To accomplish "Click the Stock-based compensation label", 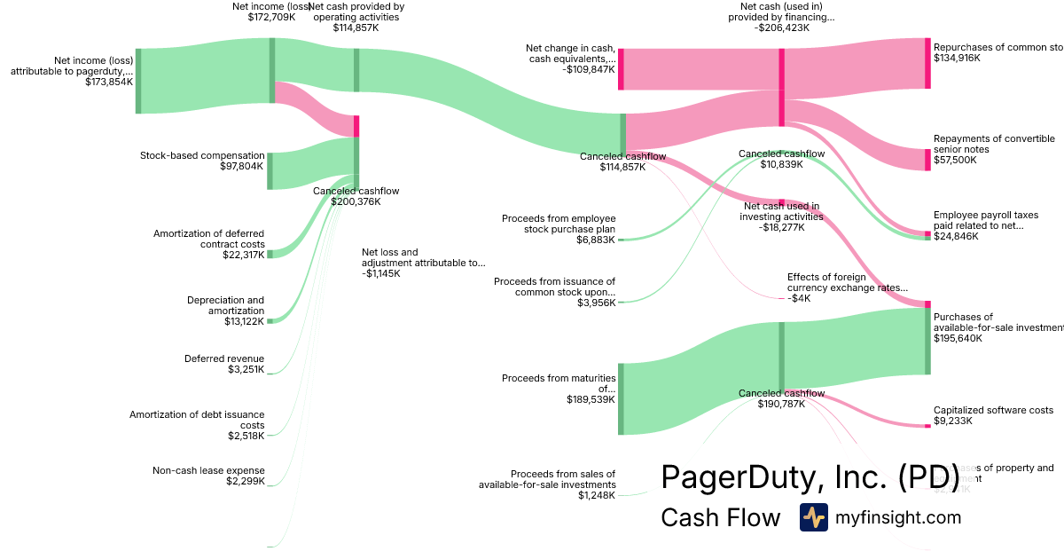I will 202,155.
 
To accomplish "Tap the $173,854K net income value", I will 109,82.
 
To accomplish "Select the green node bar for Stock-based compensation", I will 270,170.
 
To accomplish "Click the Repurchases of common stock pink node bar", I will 927,63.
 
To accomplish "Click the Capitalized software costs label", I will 993,410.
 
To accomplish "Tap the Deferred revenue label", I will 224,358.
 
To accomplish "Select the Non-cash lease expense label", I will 208,470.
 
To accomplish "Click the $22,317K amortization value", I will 244,255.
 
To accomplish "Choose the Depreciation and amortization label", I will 225,305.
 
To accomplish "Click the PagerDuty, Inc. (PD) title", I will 810,477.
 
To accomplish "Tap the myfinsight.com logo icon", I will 813,517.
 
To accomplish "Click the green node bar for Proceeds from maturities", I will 621,398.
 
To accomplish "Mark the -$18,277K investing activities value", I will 781,227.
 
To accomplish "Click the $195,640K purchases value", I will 958,338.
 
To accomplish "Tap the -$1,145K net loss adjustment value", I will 381,273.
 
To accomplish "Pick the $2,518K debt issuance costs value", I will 246,436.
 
